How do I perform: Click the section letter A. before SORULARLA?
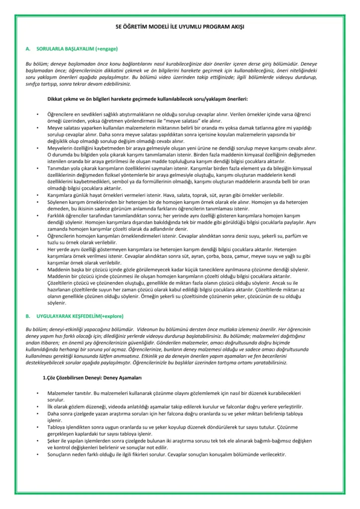pyautogui.click(x=28, y=50)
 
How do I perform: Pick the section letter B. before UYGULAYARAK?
pyautogui.click(x=28, y=316)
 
